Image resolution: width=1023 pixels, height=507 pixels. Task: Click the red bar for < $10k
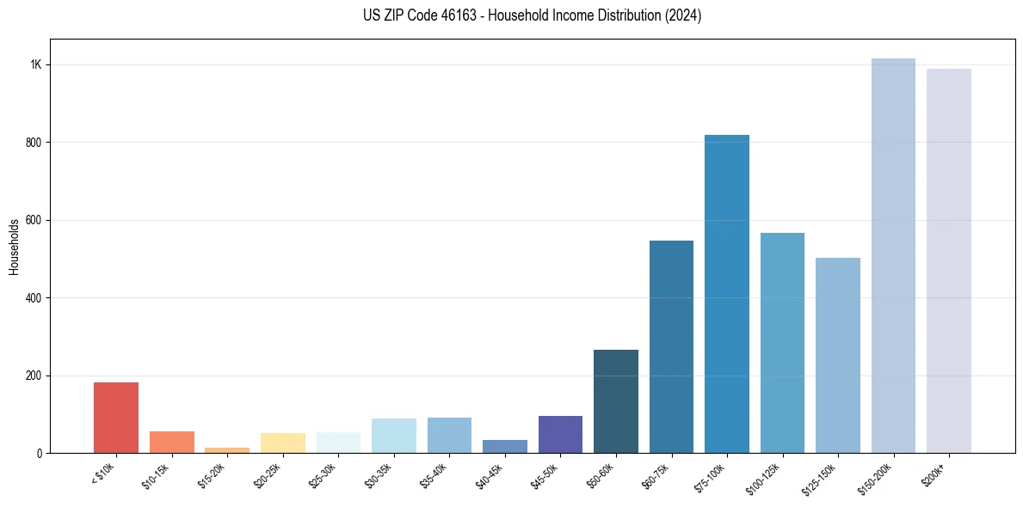pos(116,418)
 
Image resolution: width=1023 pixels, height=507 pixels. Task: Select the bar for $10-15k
pos(172,442)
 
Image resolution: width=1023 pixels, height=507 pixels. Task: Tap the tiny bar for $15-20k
pos(227,449)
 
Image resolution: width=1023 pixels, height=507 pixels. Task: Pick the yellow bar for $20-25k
pos(283,443)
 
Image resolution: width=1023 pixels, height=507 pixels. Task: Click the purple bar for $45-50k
pos(560,434)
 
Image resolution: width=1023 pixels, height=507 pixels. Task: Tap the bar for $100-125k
pos(782,343)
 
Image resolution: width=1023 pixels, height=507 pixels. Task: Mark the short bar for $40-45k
pos(505,446)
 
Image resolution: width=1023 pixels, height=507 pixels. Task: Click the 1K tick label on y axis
pos(36,64)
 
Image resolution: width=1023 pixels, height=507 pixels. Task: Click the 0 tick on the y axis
pos(39,454)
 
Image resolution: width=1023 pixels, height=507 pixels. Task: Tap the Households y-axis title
pos(14,247)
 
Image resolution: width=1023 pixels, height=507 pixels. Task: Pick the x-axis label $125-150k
pos(822,478)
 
